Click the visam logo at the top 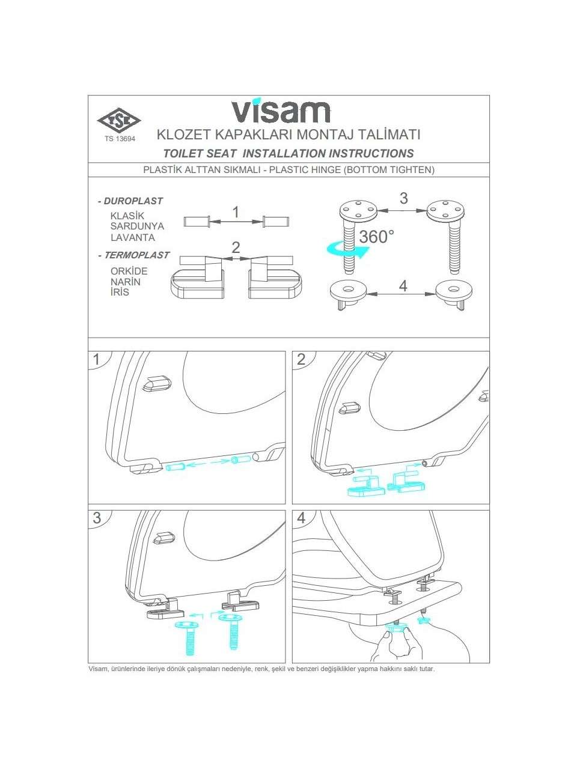[281, 111]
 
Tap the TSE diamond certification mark [119, 121]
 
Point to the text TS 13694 [120, 139]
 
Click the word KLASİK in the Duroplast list [127, 216]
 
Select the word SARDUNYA [137, 226]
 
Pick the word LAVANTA [132, 237]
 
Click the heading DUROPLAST [133, 201]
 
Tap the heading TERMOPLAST [136, 255]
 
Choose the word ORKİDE [129, 271]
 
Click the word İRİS [120, 293]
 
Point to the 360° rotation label [376, 237]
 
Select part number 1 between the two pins [236, 212]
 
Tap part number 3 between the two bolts [403, 198]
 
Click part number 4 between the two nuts [403, 285]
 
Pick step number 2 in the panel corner [301, 359]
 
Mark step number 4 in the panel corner [301, 518]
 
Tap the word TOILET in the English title [184, 153]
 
